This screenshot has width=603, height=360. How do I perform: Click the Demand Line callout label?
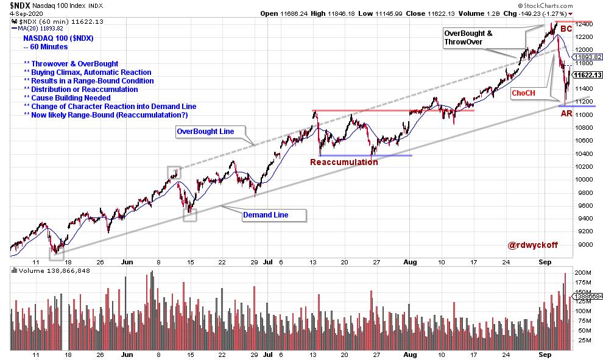tap(266, 214)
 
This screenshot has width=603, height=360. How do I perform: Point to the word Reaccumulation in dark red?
tap(344, 162)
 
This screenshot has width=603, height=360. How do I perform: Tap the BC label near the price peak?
tap(566, 29)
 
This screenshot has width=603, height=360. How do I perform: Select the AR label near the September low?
tap(566, 114)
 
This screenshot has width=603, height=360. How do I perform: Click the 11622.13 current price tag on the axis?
tap(587, 75)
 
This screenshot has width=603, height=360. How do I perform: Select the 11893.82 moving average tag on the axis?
tap(587, 57)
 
